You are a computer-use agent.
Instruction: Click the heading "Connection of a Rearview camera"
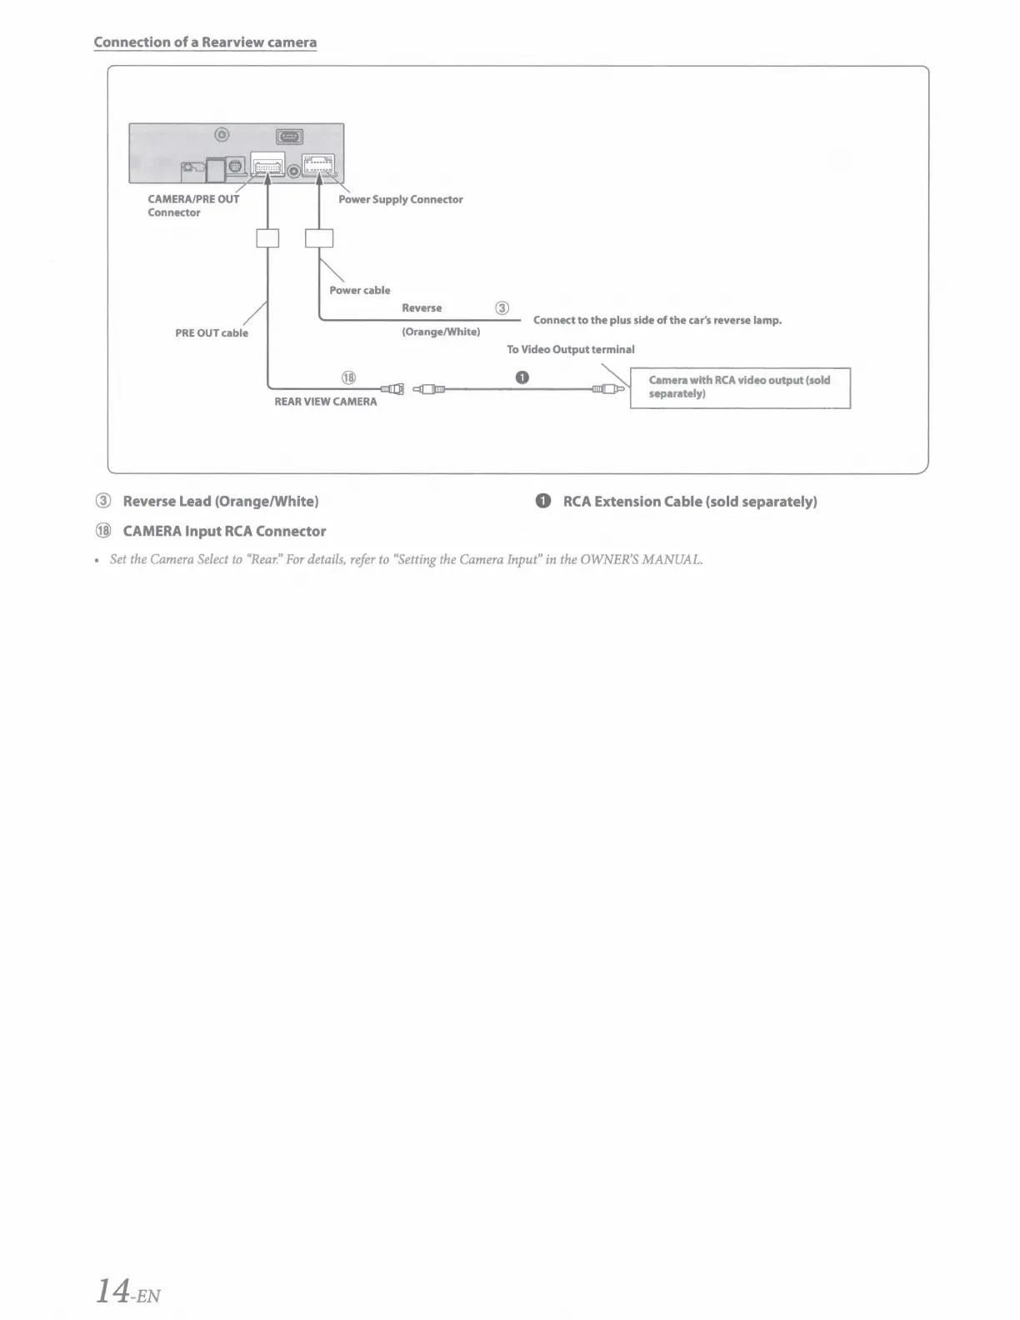pyautogui.click(x=205, y=42)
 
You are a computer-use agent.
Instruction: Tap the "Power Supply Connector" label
pyautogui.click(x=400, y=200)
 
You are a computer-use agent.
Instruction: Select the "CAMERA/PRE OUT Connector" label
pyautogui.click(x=192, y=206)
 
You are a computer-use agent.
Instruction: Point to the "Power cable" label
pyautogui.click(x=359, y=291)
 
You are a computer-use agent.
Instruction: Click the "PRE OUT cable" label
pyautogui.click(x=212, y=333)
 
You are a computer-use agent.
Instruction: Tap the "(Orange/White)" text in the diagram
pyautogui.click(x=441, y=332)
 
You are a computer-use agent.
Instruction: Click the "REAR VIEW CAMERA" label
pyautogui.click(x=326, y=402)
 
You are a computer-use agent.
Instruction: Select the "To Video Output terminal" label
pyautogui.click(x=571, y=350)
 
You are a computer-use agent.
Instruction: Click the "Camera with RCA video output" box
pyautogui.click(x=740, y=387)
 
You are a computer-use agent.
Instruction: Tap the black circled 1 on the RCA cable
pyautogui.click(x=522, y=377)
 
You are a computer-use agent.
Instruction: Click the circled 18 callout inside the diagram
pyautogui.click(x=348, y=377)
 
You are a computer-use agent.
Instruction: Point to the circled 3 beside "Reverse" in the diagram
pyautogui.click(x=502, y=308)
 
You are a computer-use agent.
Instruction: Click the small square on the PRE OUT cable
pyautogui.click(x=267, y=238)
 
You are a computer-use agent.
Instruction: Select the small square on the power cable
pyautogui.click(x=319, y=238)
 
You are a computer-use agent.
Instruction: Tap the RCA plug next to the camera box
pyautogui.click(x=610, y=388)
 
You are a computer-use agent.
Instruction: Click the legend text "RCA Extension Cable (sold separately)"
pyautogui.click(x=690, y=502)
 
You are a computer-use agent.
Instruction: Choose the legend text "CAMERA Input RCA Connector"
pyautogui.click(x=224, y=532)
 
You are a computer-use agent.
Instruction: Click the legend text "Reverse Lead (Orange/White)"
pyautogui.click(x=221, y=502)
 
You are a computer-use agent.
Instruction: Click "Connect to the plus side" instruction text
pyautogui.click(x=657, y=321)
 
